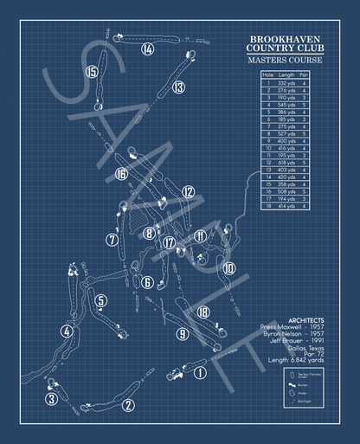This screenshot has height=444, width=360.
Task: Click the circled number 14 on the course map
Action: click(x=148, y=49)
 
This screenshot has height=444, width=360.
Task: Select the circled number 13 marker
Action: click(x=178, y=87)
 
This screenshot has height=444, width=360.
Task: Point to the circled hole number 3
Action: click(x=52, y=399)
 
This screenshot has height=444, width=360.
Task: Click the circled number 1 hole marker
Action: click(x=201, y=373)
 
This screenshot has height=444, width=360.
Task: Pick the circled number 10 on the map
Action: click(x=229, y=268)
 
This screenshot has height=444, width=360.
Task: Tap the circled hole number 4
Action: click(x=67, y=330)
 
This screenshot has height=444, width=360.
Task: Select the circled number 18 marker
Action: click(x=203, y=312)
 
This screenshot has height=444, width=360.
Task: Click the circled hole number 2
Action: click(x=128, y=404)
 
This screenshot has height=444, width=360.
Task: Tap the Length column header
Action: click(x=287, y=74)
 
